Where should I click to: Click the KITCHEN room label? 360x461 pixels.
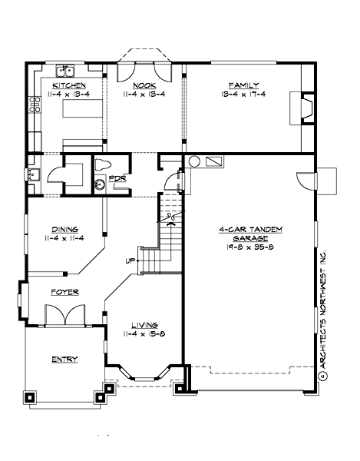coord(68,85)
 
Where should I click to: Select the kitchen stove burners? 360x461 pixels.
coord(34,104)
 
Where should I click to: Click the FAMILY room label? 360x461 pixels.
coord(243,85)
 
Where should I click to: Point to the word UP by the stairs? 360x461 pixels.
coord(130,261)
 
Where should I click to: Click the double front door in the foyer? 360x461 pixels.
coord(63,315)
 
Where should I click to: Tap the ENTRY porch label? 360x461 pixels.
coord(64,359)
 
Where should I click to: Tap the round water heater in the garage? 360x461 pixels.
coord(195,162)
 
